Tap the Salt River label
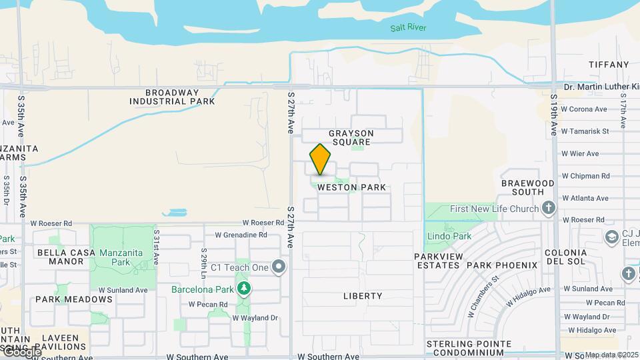point(408,28)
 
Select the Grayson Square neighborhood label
point(351,137)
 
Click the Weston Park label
point(351,187)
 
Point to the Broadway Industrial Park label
point(172,97)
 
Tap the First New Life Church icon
point(549,209)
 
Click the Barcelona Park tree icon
point(245,289)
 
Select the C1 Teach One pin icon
point(279,267)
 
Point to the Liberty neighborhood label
point(363,295)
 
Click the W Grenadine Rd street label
point(241,235)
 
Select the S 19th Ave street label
point(554,115)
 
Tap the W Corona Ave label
point(584,109)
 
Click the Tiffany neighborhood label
point(609,65)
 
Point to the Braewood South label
point(528,187)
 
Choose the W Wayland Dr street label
point(255,318)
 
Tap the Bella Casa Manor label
point(61,257)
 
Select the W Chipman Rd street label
point(585,176)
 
